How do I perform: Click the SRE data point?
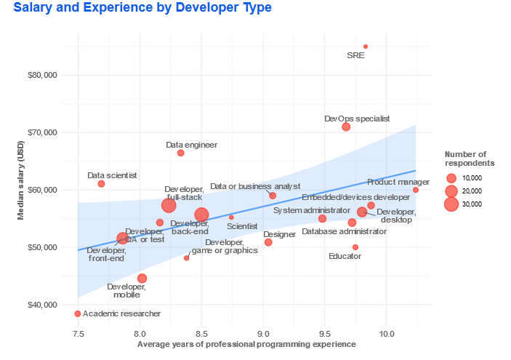(366, 47)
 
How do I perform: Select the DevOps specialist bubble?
(346, 127)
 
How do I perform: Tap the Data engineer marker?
(180, 153)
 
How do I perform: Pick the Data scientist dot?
(101, 183)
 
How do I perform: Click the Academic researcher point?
(78, 313)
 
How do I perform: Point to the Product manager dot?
(416, 190)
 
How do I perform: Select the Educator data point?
(355, 247)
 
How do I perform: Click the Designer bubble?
(268, 242)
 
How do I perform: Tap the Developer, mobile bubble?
(142, 279)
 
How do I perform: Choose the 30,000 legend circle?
(451, 204)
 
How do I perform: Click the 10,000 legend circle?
(451, 178)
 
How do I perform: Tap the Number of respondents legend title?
(465, 159)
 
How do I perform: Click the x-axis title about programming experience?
(246, 344)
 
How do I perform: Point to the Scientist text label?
(242, 227)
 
